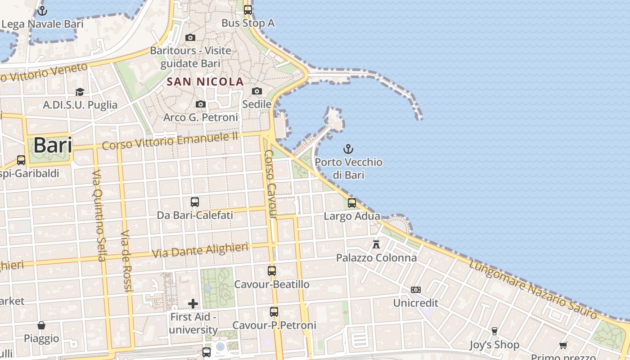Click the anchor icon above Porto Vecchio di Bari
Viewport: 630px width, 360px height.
pyautogui.click(x=348, y=149)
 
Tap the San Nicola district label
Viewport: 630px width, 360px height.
pyautogui.click(x=205, y=82)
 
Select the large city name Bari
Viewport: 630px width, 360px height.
pyautogui.click(x=53, y=145)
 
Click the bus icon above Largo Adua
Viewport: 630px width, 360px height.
pyautogui.click(x=352, y=203)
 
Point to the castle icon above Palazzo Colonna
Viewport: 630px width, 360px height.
pyautogui.click(x=376, y=244)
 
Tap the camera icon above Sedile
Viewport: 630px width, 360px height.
pyautogui.click(x=257, y=91)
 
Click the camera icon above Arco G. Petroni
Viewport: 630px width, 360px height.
pyautogui.click(x=201, y=104)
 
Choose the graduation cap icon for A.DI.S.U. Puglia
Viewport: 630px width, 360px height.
pyautogui.click(x=80, y=92)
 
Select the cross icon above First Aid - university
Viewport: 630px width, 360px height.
pyautogui.click(x=193, y=304)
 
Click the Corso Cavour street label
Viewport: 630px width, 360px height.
pyautogui.click(x=270, y=184)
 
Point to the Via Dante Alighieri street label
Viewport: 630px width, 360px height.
pyautogui.click(x=200, y=251)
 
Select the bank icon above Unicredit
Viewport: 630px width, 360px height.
pyautogui.click(x=416, y=290)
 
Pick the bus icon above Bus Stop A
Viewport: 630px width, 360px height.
pyautogui.click(x=248, y=9)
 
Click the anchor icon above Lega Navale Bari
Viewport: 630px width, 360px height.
pyautogui.click(x=43, y=10)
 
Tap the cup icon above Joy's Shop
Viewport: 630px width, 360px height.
pyautogui.click(x=494, y=331)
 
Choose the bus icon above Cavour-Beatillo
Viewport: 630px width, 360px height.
pyautogui.click(x=272, y=271)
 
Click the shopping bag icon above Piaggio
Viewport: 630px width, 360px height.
pyautogui.click(x=41, y=325)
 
